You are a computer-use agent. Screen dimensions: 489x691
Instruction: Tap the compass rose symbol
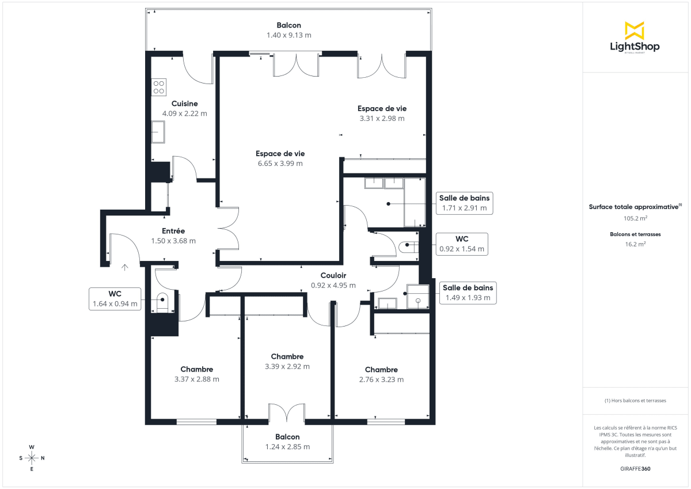[32, 458]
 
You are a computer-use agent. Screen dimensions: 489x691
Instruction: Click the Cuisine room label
[184, 104]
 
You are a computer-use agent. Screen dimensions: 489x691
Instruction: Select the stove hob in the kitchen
[158, 87]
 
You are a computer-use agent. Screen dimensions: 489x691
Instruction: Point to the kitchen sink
[158, 132]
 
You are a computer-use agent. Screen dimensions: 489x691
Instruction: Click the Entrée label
[173, 230]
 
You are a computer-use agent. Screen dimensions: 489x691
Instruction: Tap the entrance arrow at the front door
[125, 267]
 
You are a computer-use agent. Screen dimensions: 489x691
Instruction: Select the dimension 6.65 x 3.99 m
[280, 164]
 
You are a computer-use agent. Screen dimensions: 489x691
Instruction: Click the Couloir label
[333, 275]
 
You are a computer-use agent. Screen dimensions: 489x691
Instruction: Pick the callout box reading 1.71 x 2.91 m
[464, 203]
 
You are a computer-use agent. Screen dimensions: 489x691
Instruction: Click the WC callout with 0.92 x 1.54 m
[461, 244]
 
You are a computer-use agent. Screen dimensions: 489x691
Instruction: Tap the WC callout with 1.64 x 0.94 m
[115, 298]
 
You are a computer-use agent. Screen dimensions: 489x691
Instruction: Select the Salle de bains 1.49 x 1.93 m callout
[467, 293]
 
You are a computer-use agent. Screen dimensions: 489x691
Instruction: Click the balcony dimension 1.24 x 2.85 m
[287, 447]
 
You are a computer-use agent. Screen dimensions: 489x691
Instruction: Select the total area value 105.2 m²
[635, 218]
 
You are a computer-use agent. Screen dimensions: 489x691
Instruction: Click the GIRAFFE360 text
[635, 469]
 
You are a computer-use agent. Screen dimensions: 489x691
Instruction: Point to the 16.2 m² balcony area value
[635, 244]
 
